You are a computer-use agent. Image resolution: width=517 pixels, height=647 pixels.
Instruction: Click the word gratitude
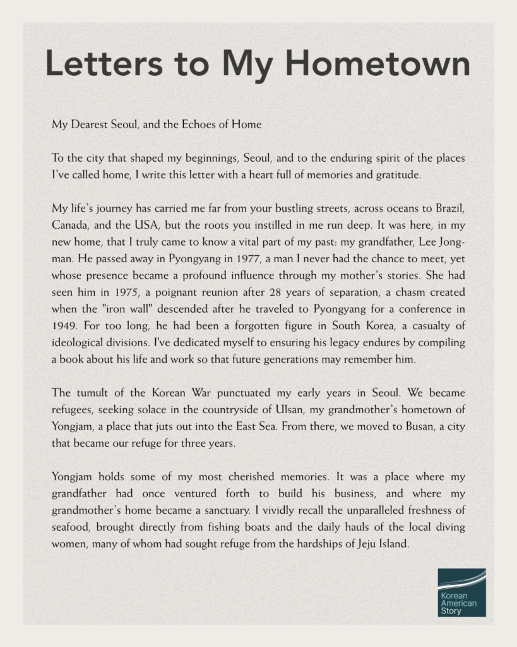[x=396, y=174]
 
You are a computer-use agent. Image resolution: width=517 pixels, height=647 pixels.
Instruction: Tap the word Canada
[x=70, y=224]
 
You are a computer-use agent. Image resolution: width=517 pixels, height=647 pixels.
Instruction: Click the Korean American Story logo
[x=461, y=592]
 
